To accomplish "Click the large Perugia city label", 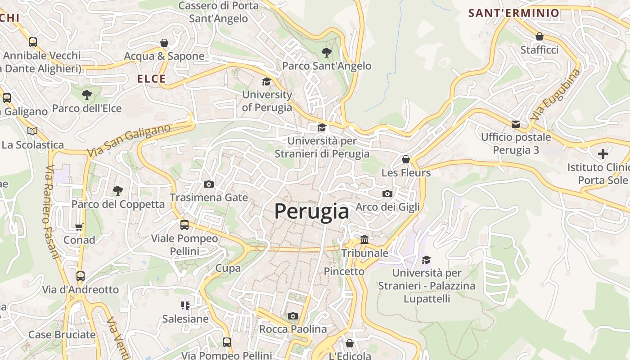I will pos(311,211).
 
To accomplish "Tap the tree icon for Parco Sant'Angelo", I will pos(327,53).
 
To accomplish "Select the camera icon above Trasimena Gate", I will pos(209,184).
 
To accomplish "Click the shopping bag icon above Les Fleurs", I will pos(406,159).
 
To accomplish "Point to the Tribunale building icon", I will pos(364,239).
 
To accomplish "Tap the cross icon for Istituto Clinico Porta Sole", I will pos(603,154).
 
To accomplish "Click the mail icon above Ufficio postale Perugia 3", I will pos(516,124).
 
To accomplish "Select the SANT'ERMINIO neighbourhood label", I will pos(513,13).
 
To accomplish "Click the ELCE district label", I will pos(151,79).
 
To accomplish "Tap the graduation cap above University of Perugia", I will pos(267,81).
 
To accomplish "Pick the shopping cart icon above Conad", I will pos(79,227).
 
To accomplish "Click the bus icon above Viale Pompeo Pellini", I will pos(184,225).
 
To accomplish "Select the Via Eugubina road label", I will pos(556,94).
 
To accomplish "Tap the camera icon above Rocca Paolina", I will pos(293,316).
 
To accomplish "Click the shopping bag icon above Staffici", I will pos(539,36).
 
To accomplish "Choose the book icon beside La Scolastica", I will pos(32,131).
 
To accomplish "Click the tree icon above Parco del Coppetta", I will pos(118,191).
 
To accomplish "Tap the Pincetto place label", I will pos(344,271).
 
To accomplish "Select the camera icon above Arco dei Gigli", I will pos(387,193).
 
